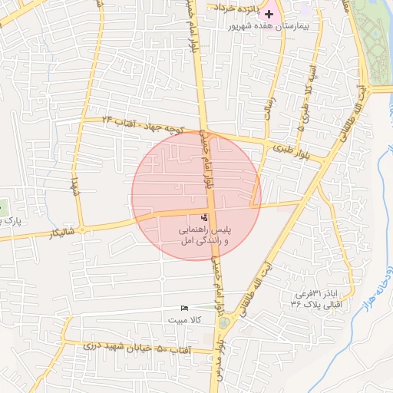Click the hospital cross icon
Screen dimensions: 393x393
click(269, 14)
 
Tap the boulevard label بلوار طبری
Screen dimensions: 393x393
click(291, 148)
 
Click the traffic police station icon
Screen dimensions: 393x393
click(203, 218)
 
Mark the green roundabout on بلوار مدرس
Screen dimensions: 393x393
click(223, 323)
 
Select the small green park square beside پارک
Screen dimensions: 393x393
click(2, 206)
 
